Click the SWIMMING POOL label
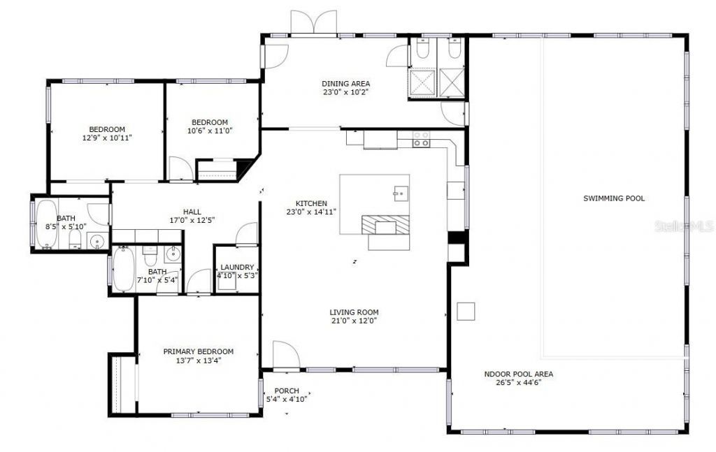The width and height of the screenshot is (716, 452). point(614,198)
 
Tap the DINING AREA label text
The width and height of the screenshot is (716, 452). point(345,84)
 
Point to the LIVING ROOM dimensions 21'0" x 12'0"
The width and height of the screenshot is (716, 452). point(354,321)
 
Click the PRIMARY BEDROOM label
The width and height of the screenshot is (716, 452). point(199,351)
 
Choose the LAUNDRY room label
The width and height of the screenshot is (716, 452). point(237,268)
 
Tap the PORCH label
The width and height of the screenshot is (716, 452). point(287,391)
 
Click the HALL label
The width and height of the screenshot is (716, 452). point(192,212)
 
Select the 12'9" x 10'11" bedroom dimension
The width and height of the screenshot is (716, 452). point(107,138)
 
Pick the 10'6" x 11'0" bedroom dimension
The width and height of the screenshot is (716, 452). point(210,131)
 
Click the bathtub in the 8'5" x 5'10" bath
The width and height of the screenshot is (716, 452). point(46,224)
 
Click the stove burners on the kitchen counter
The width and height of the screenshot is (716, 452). point(421,139)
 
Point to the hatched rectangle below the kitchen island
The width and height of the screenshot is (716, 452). point(384,225)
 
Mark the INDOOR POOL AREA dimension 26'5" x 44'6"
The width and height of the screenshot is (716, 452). point(519,382)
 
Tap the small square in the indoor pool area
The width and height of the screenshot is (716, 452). point(466,311)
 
